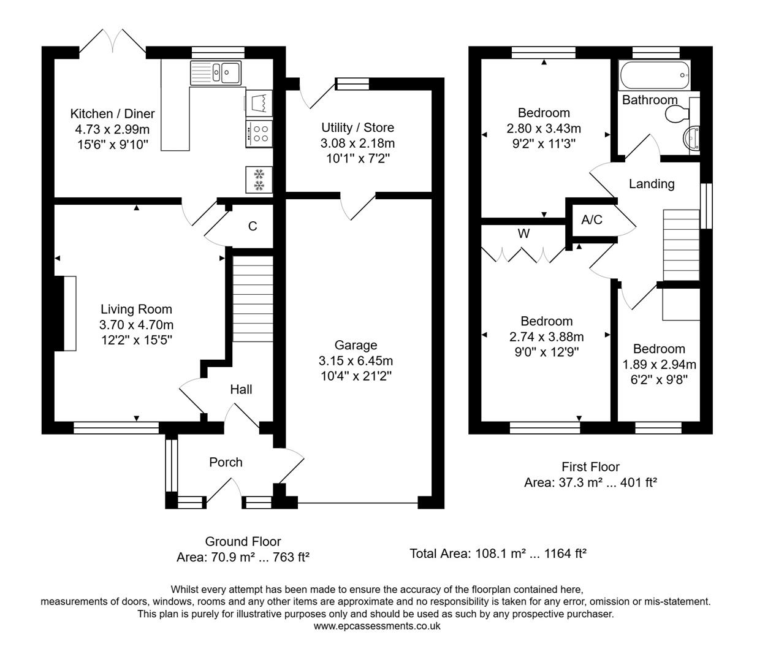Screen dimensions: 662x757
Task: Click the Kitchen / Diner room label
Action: pos(112,114)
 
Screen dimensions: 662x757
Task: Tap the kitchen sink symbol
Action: pos(216,73)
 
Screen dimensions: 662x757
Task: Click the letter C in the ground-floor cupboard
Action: pos(253,226)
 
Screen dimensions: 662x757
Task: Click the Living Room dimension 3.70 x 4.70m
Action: pos(136,325)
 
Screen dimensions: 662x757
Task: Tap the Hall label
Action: pos(241,389)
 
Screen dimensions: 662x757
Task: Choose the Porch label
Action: pos(226,462)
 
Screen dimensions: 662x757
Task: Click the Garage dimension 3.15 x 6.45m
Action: pos(356,360)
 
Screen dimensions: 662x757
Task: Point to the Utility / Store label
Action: pos(357,127)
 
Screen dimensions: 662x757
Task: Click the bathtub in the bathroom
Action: pos(655,75)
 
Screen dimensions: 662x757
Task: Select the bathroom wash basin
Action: pos(693,139)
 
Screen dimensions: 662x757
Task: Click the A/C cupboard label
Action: pos(592,220)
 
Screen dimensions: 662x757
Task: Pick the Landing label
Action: pos(651,184)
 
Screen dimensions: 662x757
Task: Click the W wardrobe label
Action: pos(523,234)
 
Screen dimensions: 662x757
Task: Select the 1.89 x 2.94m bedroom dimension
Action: pos(659,364)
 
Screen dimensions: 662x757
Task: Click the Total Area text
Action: pos(498,554)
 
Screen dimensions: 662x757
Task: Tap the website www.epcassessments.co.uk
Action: pos(376,626)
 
